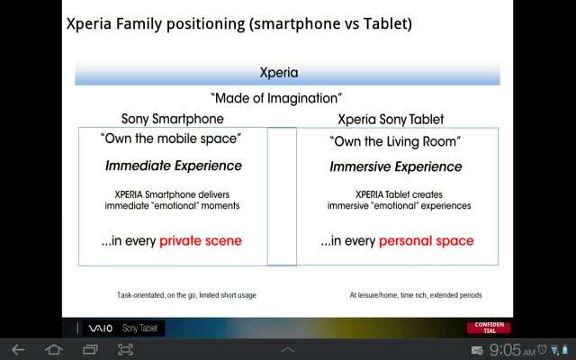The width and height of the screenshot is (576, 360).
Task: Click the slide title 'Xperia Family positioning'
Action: pos(156,24)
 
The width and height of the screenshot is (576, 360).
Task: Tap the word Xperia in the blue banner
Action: pos(279,72)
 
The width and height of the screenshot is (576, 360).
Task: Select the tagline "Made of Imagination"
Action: pos(276,98)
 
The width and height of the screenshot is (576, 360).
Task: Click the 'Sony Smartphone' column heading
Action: pos(172,119)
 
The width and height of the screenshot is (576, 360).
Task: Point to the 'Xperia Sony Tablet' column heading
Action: pos(391,120)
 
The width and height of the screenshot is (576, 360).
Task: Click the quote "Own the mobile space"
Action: pos(171,139)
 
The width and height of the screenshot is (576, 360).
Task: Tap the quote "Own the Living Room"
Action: pos(395,142)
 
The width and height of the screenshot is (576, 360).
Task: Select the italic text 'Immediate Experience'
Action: pos(174,166)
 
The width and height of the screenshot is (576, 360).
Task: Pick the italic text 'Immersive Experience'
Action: pos(396,166)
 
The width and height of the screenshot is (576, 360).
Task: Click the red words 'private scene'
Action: pos(201,241)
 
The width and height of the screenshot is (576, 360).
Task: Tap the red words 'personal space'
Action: pos(426,241)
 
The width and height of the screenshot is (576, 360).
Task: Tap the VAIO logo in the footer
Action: pos(100,328)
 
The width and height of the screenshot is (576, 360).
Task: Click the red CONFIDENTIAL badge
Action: pos(489,328)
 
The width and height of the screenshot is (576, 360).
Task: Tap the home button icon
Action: pos(54,350)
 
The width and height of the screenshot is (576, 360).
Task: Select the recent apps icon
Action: pos(90,350)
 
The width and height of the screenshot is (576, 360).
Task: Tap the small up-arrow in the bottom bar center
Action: pos(287,350)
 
